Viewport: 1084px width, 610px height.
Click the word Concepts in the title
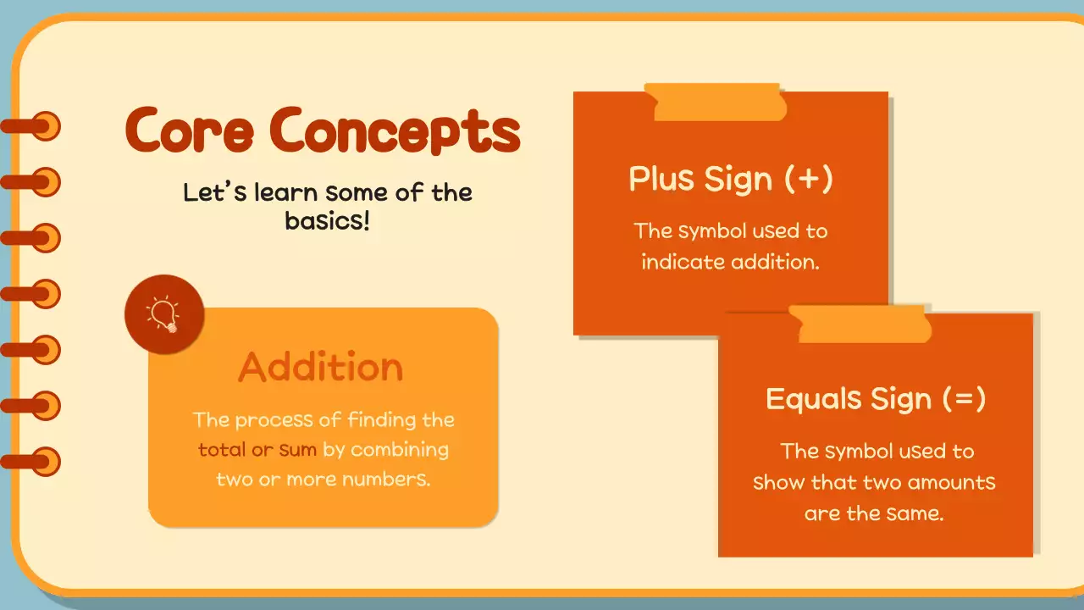tap(395, 132)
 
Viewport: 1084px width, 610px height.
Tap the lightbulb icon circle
tap(164, 314)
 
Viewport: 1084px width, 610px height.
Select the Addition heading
tap(321, 366)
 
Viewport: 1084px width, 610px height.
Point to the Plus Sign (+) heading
tap(730, 179)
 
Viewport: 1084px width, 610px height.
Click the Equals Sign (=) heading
tap(875, 398)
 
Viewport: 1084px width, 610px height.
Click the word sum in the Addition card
tap(297, 450)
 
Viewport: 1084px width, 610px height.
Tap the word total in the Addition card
tap(222, 450)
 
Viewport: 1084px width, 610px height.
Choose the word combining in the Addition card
tap(400, 450)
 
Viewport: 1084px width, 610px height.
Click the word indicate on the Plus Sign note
tap(680, 262)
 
